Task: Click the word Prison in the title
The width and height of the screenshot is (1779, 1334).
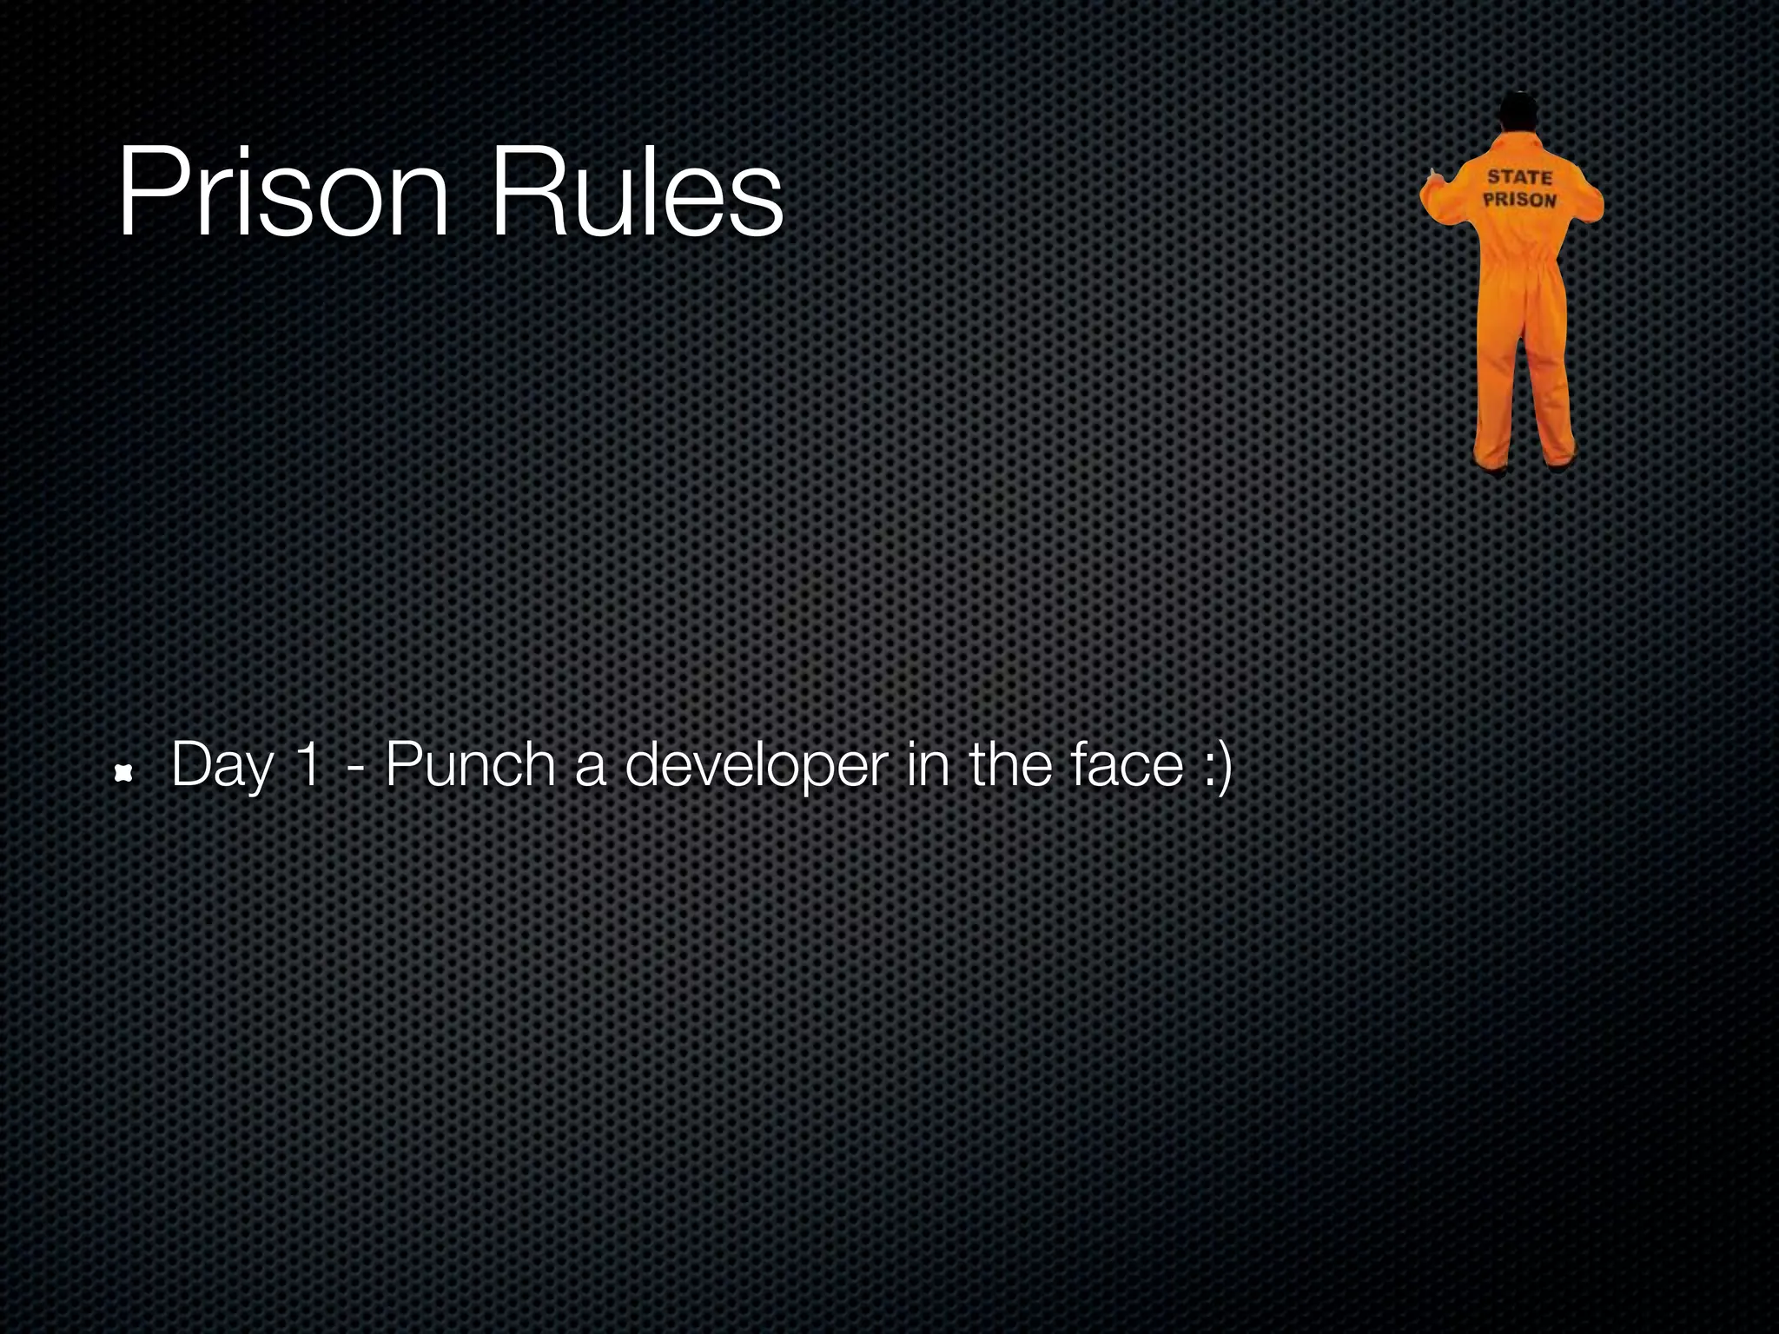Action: (x=283, y=193)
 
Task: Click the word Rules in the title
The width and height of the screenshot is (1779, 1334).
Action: (x=637, y=193)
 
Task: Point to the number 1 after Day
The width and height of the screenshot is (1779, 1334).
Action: (x=307, y=765)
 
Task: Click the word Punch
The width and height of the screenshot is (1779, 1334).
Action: (x=469, y=765)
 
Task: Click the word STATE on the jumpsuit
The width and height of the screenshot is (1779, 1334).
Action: (x=1519, y=177)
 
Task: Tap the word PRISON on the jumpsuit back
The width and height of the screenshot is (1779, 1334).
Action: (x=1519, y=200)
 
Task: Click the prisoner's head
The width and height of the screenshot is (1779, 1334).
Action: (x=1518, y=112)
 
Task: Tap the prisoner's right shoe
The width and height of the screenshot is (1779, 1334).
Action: (x=1561, y=462)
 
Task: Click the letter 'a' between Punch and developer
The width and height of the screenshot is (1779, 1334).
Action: (x=590, y=767)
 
